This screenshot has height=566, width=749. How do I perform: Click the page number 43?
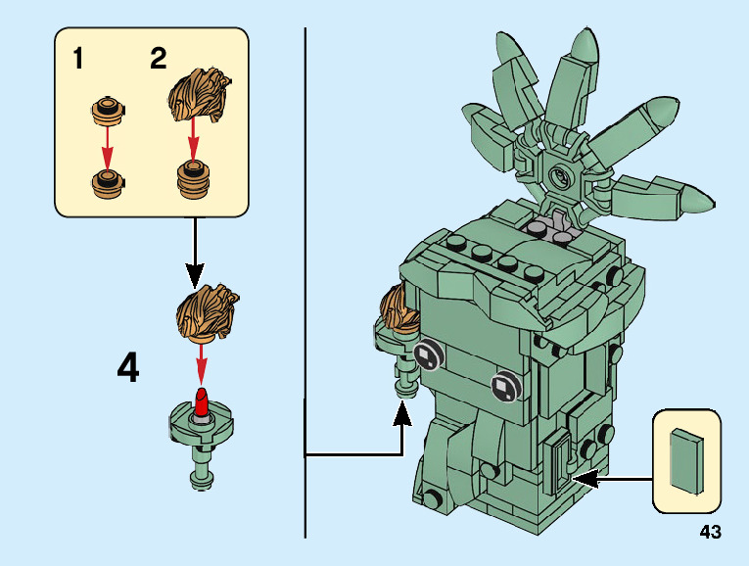(710, 533)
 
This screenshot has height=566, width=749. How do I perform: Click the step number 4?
(128, 368)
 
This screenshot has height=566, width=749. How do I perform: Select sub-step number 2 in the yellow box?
(158, 59)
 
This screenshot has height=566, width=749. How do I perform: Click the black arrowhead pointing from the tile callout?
(583, 478)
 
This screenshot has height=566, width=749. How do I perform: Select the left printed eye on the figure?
(428, 355)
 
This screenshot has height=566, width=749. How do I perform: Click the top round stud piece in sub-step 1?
(108, 110)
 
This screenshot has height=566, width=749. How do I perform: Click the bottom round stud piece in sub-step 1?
(108, 181)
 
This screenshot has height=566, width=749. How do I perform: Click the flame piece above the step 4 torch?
(207, 311)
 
